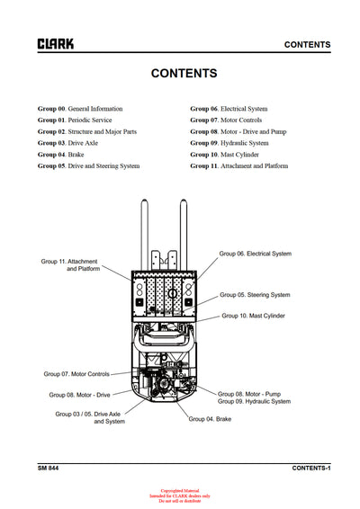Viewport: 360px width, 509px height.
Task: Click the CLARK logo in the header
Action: pyautogui.click(x=56, y=43)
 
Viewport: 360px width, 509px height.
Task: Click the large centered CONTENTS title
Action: pyautogui.click(x=184, y=74)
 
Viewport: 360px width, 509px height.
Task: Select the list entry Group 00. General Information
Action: pyautogui.click(x=80, y=109)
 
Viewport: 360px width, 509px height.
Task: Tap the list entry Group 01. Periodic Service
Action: pyautogui.click(x=75, y=120)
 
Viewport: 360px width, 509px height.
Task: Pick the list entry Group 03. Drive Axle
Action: pyautogui.click(x=68, y=143)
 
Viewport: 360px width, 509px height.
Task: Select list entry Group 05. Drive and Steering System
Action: pyautogui.click(x=88, y=165)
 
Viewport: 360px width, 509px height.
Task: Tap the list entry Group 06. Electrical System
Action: pyautogui.click(x=229, y=109)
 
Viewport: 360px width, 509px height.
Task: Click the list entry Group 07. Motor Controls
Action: pyautogui.click(x=226, y=120)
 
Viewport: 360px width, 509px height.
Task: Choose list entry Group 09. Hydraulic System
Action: pyautogui.click(x=229, y=143)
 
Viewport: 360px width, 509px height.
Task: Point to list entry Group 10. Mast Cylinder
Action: pyautogui.click(x=224, y=154)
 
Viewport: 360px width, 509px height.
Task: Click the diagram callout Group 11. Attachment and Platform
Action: pyautogui.click(x=70, y=265)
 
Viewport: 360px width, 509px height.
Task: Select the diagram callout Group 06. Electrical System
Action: pyautogui.click(x=256, y=254)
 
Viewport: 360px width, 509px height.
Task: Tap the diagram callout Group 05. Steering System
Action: pyautogui.click(x=256, y=295)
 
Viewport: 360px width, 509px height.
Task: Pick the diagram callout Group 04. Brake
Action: pyautogui.click(x=210, y=419)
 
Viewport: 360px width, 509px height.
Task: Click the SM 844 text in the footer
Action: pyautogui.click(x=49, y=469)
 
